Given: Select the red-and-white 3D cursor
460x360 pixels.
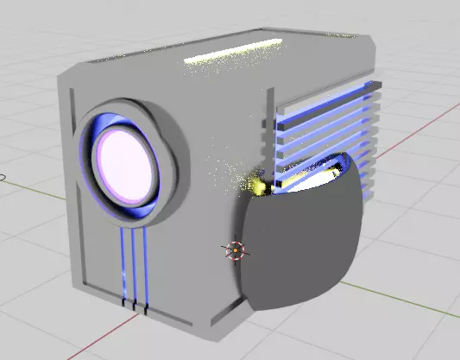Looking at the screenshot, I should point(235,250).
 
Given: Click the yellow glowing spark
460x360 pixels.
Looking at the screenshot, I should point(255,184).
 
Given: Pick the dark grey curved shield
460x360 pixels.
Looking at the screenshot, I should point(298,246).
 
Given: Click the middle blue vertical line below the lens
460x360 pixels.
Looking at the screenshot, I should point(134,268).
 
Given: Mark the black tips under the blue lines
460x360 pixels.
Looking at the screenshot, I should point(135,305).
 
